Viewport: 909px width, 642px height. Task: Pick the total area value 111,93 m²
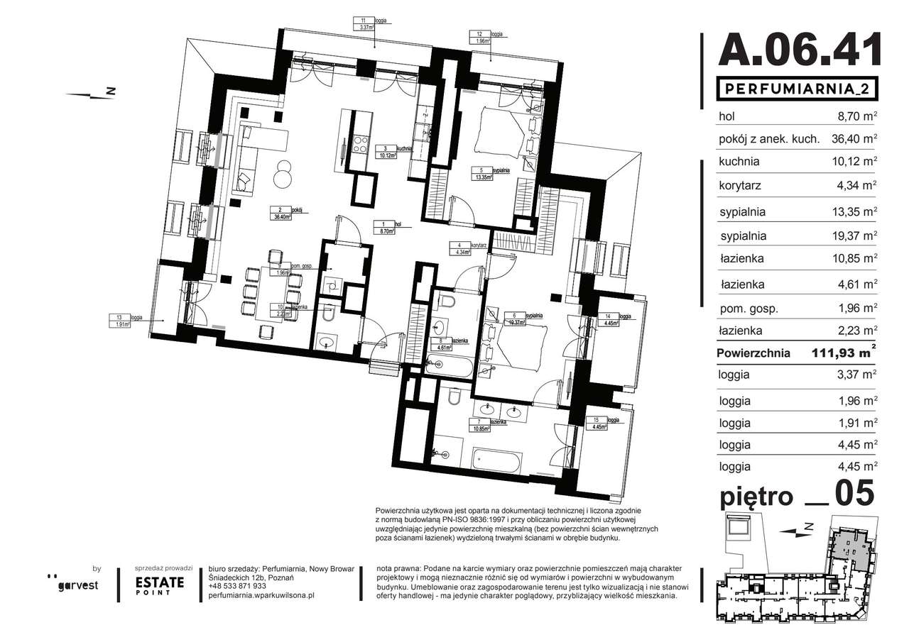coord(844,353)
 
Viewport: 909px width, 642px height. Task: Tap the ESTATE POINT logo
coord(160,585)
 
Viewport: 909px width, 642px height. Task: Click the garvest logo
coord(77,584)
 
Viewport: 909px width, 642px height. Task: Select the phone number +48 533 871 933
coord(238,586)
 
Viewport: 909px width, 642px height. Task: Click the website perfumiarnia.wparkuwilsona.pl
coord(262,596)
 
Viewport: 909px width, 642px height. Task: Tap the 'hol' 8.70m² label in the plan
coord(387,227)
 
